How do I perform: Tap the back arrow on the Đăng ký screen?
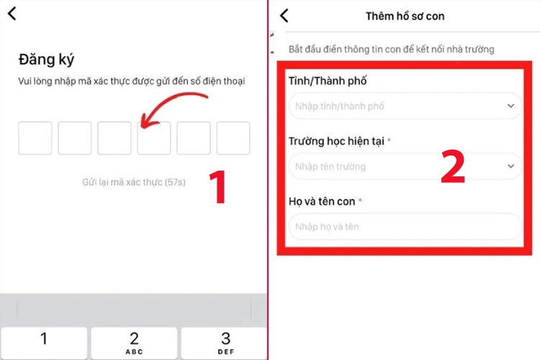pyautogui.click(x=12, y=13)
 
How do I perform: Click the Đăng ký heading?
pyautogui.click(x=46, y=59)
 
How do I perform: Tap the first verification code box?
pyautogui.click(x=35, y=138)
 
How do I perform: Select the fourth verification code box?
pyautogui.click(x=154, y=138)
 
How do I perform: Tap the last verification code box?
pyautogui.click(x=233, y=138)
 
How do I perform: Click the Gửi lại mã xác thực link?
pyautogui.click(x=134, y=182)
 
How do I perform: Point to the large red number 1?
pyautogui.click(x=217, y=186)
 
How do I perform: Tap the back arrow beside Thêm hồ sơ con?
pyautogui.click(x=284, y=15)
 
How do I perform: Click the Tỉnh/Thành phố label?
pyautogui.click(x=328, y=81)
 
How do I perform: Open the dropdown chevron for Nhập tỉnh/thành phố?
pyautogui.click(x=510, y=106)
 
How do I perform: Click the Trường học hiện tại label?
pyautogui.click(x=336, y=141)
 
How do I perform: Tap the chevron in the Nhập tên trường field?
pyautogui.click(x=510, y=166)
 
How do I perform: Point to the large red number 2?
pyautogui.click(x=452, y=168)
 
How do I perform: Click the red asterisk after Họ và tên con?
pyautogui.click(x=360, y=202)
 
